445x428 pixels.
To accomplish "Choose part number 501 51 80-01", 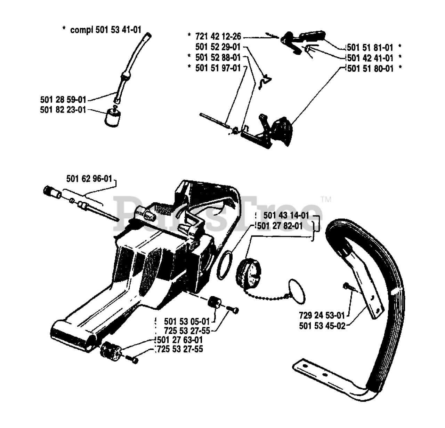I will click(370, 69).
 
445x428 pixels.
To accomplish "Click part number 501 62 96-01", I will click(89, 179).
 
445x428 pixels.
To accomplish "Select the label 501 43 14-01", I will click(286, 216).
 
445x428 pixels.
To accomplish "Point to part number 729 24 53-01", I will click(322, 316).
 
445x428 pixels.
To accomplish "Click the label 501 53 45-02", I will click(322, 326).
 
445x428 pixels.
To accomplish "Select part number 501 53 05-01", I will click(187, 321).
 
